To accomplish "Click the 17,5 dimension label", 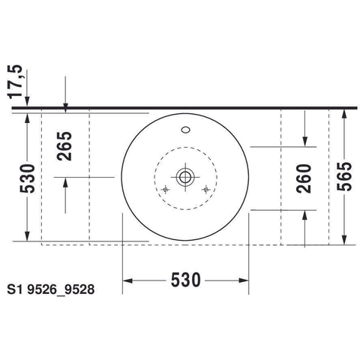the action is tap(15, 82).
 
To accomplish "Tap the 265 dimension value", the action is tap(64, 146).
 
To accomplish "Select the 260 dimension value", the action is tap(304, 178).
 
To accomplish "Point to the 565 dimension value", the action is tap(344, 176).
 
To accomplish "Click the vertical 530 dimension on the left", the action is tap(27, 178).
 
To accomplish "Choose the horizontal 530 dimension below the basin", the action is tap(186, 280).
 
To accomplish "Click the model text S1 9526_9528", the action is tap(51, 289).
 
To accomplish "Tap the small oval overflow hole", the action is tap(186, 130).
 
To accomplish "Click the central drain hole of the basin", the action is tap(185, 177).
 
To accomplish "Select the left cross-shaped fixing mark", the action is tap(165, 190).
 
